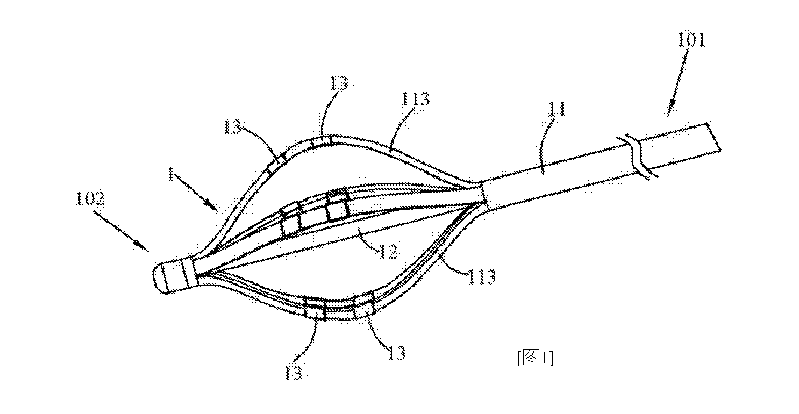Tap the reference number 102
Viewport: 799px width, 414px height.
pyautogui.click(x=89, y=200)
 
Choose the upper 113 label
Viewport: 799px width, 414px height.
pyautogui.click(x=415, y=99)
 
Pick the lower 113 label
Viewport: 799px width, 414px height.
pyautogui.click(x=481, y=276)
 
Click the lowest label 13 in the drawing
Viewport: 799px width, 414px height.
pyautogui.click(x=293, y=372)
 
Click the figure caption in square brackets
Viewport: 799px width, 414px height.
pyautogui.click(x=535, y=358)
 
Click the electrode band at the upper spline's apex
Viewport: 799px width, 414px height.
pyautogui.click(x=321, y=142)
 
